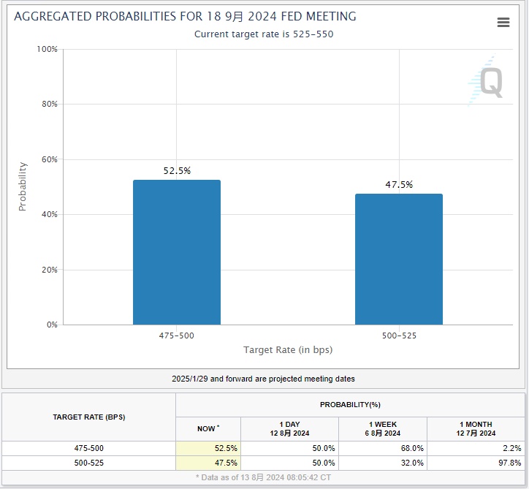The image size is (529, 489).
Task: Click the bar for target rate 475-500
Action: click(176, 252)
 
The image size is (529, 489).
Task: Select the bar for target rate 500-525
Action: click(398, 259)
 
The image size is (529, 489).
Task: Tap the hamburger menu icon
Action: click(503, 23)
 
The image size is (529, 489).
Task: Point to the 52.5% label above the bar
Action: click(177, 170)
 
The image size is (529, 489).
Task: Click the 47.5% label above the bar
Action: click(399, 185)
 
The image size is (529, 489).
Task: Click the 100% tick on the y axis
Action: click(47, 49)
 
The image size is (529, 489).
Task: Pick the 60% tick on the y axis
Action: click(48, 159)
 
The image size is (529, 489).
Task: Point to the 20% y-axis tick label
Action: click(48, 270)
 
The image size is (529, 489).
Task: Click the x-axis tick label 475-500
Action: click(176, 336)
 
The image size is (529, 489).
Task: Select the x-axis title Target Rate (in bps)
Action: click(287, 350)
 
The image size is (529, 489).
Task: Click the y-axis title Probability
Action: click(22, 186)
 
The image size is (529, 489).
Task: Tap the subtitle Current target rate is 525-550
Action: click(264, 34)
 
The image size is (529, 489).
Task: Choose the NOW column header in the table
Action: click(208, 427)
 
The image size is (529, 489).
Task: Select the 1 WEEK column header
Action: click(382, 428)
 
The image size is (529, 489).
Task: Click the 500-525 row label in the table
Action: click(88, 463)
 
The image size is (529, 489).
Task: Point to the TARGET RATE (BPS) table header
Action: click(88, 417)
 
